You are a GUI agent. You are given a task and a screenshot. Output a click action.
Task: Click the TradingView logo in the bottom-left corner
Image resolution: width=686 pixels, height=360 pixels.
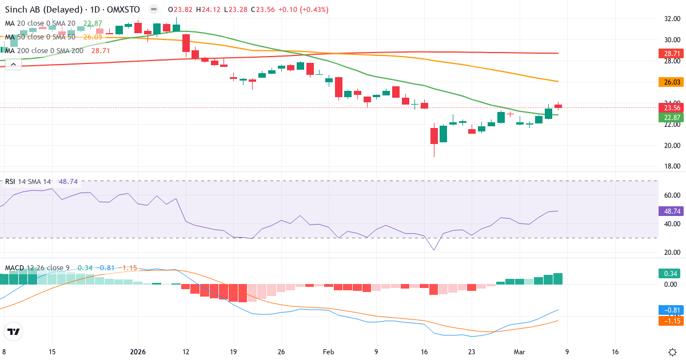pyautogui.click(x=14, y=331)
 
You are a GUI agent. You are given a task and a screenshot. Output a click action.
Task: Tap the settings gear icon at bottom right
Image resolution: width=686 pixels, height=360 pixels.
pyautogui.click(x=672, y=351)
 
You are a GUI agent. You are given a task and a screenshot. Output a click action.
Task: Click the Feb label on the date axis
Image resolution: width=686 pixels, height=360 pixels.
pyautogui.click(x=328, y=351)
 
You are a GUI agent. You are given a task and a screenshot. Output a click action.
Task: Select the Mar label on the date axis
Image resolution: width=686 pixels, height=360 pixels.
pyautogui.click(x=519, y=351)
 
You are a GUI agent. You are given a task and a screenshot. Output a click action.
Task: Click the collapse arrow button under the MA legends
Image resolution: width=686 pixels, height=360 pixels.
pyautogui.click(x=13, y=64)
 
